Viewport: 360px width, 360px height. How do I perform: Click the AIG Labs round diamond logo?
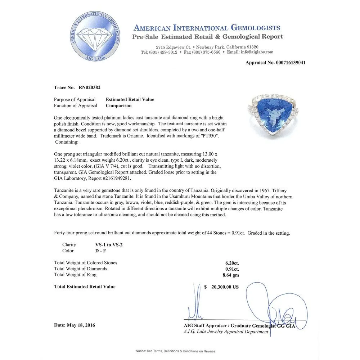click(95, 36)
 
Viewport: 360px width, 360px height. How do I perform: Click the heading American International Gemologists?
click(207, 28)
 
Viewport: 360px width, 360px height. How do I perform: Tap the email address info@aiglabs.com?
click(255, 52)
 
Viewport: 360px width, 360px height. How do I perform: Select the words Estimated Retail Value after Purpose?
click(130, 100)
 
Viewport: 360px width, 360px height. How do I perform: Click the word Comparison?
click(118, 106)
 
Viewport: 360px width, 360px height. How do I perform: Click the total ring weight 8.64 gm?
click(230, 275)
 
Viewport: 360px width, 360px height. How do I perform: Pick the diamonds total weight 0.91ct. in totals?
click(232, 269)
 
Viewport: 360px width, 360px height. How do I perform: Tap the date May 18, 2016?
click(81, 325)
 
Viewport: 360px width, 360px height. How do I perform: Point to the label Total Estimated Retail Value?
click(85, 287)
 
